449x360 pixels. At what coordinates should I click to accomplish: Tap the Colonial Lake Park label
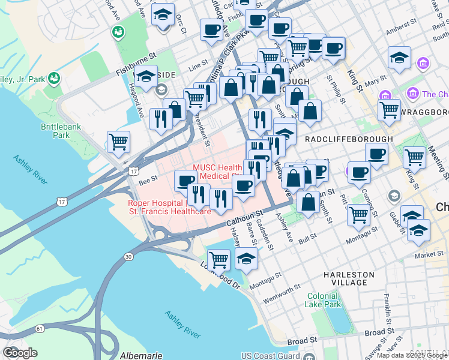pyautogui.click(x=324, y=300)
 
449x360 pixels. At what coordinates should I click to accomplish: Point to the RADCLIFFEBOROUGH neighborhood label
pyautogui.click(x=349, y=139)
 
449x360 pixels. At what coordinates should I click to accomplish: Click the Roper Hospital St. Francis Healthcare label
pyautogui.click(x=169, y=207)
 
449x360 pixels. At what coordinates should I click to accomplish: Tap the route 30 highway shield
pyautogui.click(x=128, y=257)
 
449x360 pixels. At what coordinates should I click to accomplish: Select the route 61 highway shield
pyautogui.click(x=40, y=328)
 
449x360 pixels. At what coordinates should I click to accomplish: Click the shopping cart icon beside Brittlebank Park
pyautogui.click(x=119, y=142)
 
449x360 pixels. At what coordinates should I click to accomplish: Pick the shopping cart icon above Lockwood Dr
pyautogui.click(x=219, y=259)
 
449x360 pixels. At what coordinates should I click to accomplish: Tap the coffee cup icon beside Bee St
pyautogui.click(x=186, y=180)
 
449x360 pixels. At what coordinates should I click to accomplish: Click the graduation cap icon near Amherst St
pyautogui.click(x=399, y=58)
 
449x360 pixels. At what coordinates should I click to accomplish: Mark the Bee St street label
pyautogui.click(x=148, y=179)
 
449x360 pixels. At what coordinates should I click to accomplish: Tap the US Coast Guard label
pyautogui.click(x=270, y=355)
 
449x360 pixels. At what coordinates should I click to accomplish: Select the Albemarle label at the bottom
pyautogui.click(x=140, y=355)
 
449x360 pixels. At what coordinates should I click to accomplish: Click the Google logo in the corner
pyautogui.click(x=20, y=353)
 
